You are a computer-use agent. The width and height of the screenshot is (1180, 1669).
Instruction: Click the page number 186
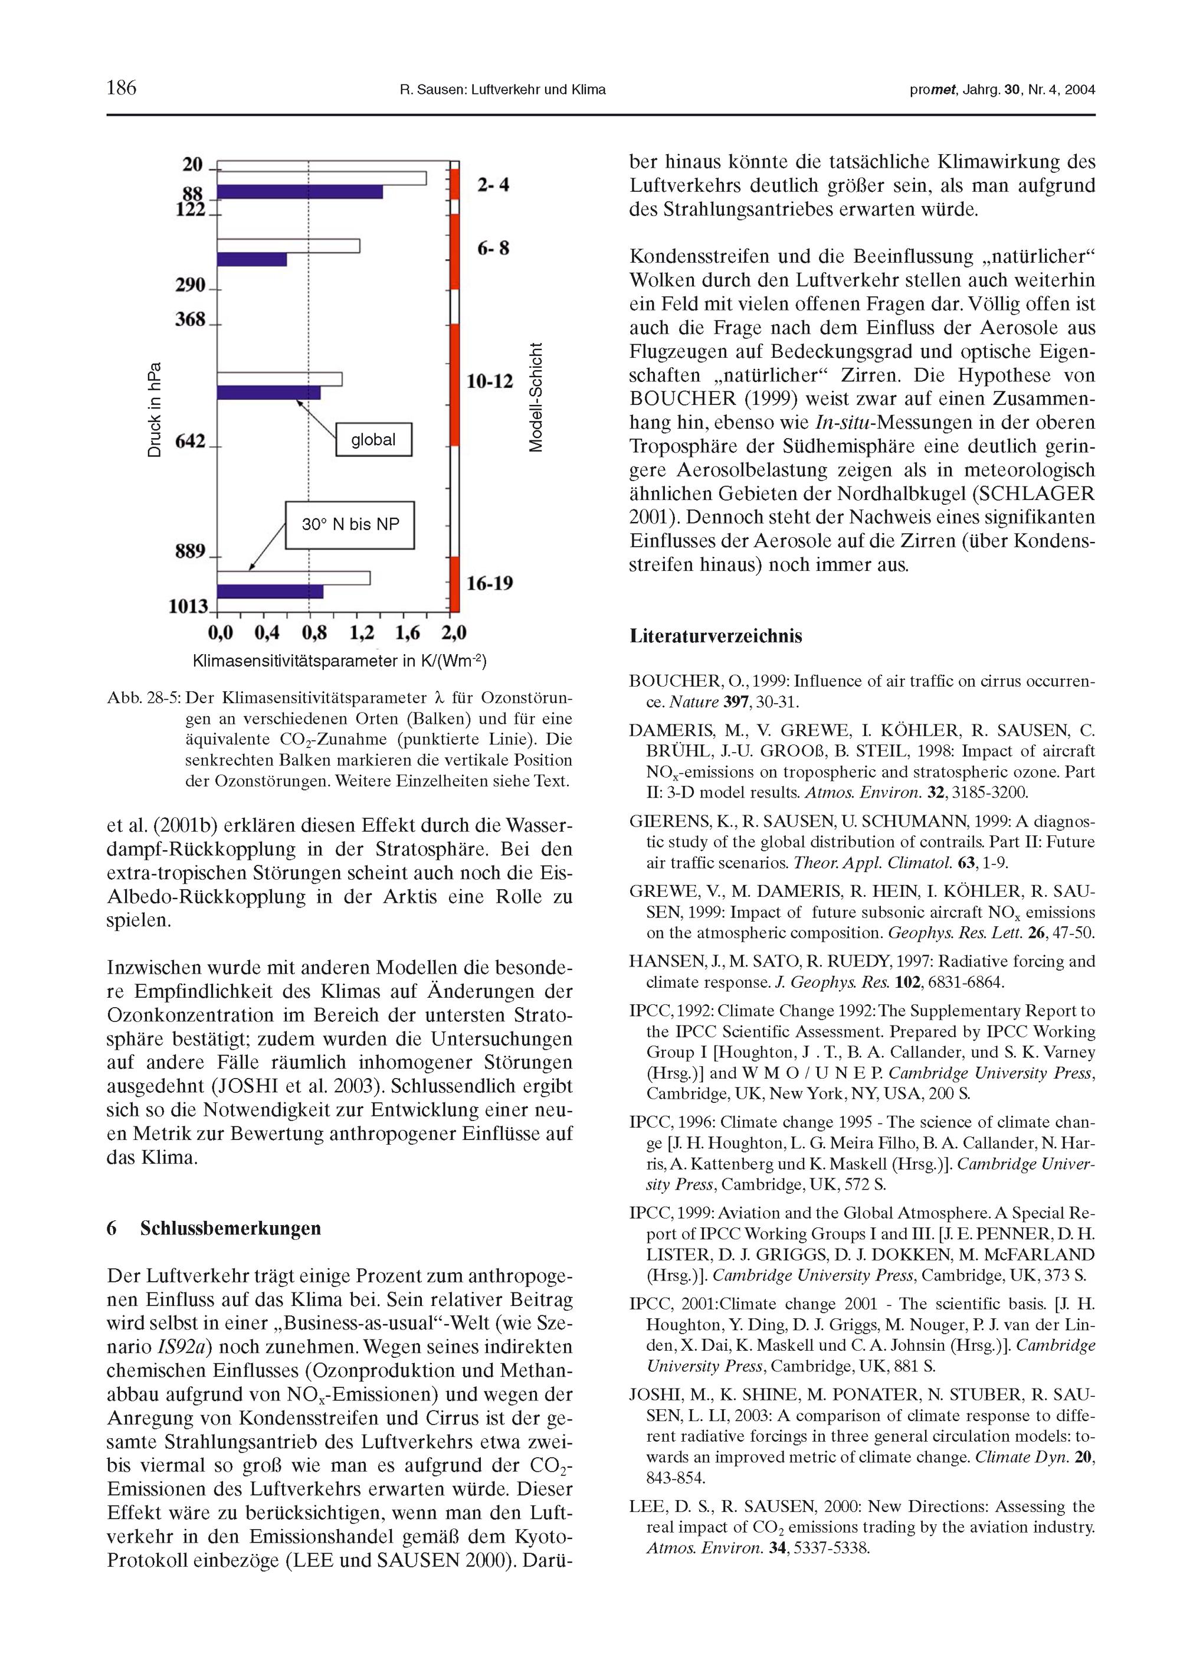[x=122, y=88]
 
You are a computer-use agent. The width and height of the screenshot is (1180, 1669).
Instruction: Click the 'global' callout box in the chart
[x=373, y=440]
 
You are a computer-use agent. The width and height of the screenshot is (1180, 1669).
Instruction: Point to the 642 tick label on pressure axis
[x=191, y=441]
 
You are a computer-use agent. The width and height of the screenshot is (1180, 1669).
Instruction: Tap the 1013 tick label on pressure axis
[x=188, y=606]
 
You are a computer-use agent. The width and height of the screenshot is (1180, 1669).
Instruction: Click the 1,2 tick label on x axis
[x=362, y=633]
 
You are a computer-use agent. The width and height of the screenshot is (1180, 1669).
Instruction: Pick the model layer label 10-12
[x=489, y=381]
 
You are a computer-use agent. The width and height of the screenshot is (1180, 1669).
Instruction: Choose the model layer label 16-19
[x=489, y=583]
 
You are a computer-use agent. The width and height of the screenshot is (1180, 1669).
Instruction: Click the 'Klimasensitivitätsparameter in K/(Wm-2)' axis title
[x=339, y=661]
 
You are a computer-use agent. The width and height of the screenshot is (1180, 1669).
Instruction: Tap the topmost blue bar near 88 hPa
[x=299, y=192]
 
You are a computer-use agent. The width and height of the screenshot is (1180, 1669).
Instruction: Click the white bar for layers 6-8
[x=289, y=246]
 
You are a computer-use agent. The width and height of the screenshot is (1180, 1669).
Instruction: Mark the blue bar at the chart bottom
[x=270, y=592]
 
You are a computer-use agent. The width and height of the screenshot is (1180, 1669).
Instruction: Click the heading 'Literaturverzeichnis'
[x=716, y=636]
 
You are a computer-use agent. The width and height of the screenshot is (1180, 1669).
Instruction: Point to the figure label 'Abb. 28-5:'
[x=143, y=698]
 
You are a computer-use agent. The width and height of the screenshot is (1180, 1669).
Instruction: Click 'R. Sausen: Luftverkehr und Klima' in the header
[x=503, y=90]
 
